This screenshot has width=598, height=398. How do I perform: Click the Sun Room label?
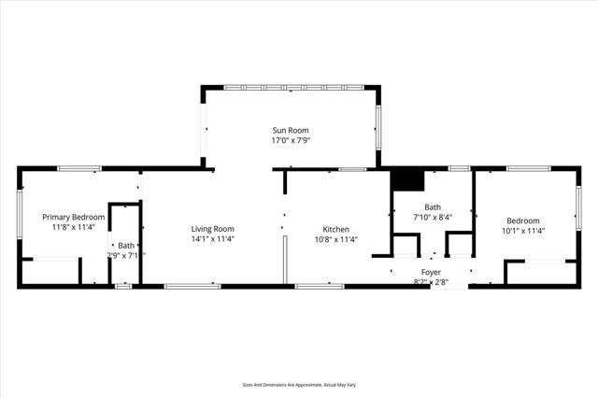(291, 130)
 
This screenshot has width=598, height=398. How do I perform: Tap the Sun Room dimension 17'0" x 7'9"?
(291, 140)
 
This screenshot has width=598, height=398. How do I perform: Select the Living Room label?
(213, 229)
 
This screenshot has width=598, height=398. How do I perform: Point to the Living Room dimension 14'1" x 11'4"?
(213, 239)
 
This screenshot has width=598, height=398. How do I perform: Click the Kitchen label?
(336, 229)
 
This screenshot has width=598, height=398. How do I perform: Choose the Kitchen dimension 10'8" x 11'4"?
(336, 239)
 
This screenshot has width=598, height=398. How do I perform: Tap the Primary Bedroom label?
(74, 217)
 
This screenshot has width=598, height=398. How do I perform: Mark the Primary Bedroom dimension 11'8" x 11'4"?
(74, 227)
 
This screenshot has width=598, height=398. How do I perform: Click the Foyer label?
(432, 272)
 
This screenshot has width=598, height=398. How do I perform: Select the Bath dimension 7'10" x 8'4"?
(433, 218)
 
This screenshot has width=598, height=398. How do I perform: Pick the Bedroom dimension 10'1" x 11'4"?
(523, 231)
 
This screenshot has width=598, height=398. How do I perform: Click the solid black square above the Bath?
(407, 178)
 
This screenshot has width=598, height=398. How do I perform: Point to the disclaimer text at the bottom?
(299, 384)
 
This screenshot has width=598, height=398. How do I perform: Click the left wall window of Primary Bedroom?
(20, 215)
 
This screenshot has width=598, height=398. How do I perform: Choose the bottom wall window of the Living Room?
(192, 286)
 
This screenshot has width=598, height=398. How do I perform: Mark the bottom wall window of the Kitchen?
(320, 286)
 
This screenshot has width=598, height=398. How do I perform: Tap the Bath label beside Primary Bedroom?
(126, 246)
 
